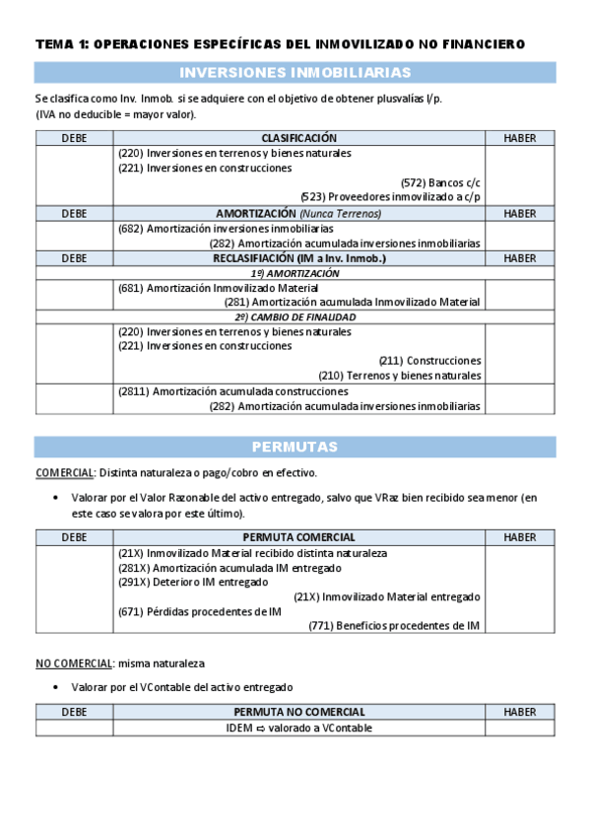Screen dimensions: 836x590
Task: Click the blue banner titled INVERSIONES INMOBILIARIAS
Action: click(295, 73)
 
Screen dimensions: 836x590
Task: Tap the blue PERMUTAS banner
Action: click(295, 447)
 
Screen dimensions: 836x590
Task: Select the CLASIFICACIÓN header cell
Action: click(298, 139)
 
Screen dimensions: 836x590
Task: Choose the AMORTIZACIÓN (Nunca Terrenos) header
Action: click(298, 213)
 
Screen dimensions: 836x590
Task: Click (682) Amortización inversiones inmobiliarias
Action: click(226, 228)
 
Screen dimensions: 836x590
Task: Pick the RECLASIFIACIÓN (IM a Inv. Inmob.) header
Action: click(298, 258)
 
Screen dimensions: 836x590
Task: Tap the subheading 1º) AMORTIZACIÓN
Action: click(298, 273)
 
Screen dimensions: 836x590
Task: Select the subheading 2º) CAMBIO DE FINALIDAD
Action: click(298, 317)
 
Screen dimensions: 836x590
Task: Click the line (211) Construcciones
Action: click(430, 361)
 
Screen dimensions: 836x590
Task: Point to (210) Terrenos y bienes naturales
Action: click(400, 376)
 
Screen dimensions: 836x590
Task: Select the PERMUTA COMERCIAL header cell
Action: click(298, 537)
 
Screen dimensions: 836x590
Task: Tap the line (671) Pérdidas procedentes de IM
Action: click(199, 611)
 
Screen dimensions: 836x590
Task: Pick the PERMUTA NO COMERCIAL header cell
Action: click(298, 712)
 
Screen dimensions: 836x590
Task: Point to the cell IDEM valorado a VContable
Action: click(298, 729)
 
